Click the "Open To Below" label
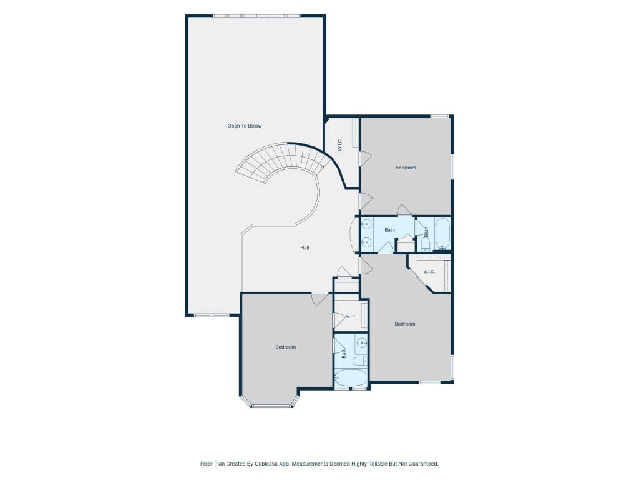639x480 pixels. point(245,126)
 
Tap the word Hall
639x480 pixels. point(305,247)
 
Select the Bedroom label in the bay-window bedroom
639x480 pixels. point(285,347)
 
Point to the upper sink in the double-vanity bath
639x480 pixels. point(366,224)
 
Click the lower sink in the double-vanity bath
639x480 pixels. point(366,242)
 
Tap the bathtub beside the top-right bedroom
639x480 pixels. point(442,234)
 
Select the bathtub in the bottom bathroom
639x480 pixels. point(351,377)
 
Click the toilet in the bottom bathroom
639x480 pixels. point(359,361)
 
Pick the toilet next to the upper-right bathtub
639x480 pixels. point(425,244)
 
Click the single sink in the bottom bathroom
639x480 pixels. point(361,343)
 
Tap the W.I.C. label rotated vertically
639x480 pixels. point(340,144)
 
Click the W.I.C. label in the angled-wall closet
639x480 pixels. point(429,272)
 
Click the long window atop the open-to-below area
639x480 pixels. point(256,16)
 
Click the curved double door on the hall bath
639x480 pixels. point(353,234)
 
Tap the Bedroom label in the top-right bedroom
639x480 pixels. point(406,167)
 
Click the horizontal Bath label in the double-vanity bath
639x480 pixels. point(389,230)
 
